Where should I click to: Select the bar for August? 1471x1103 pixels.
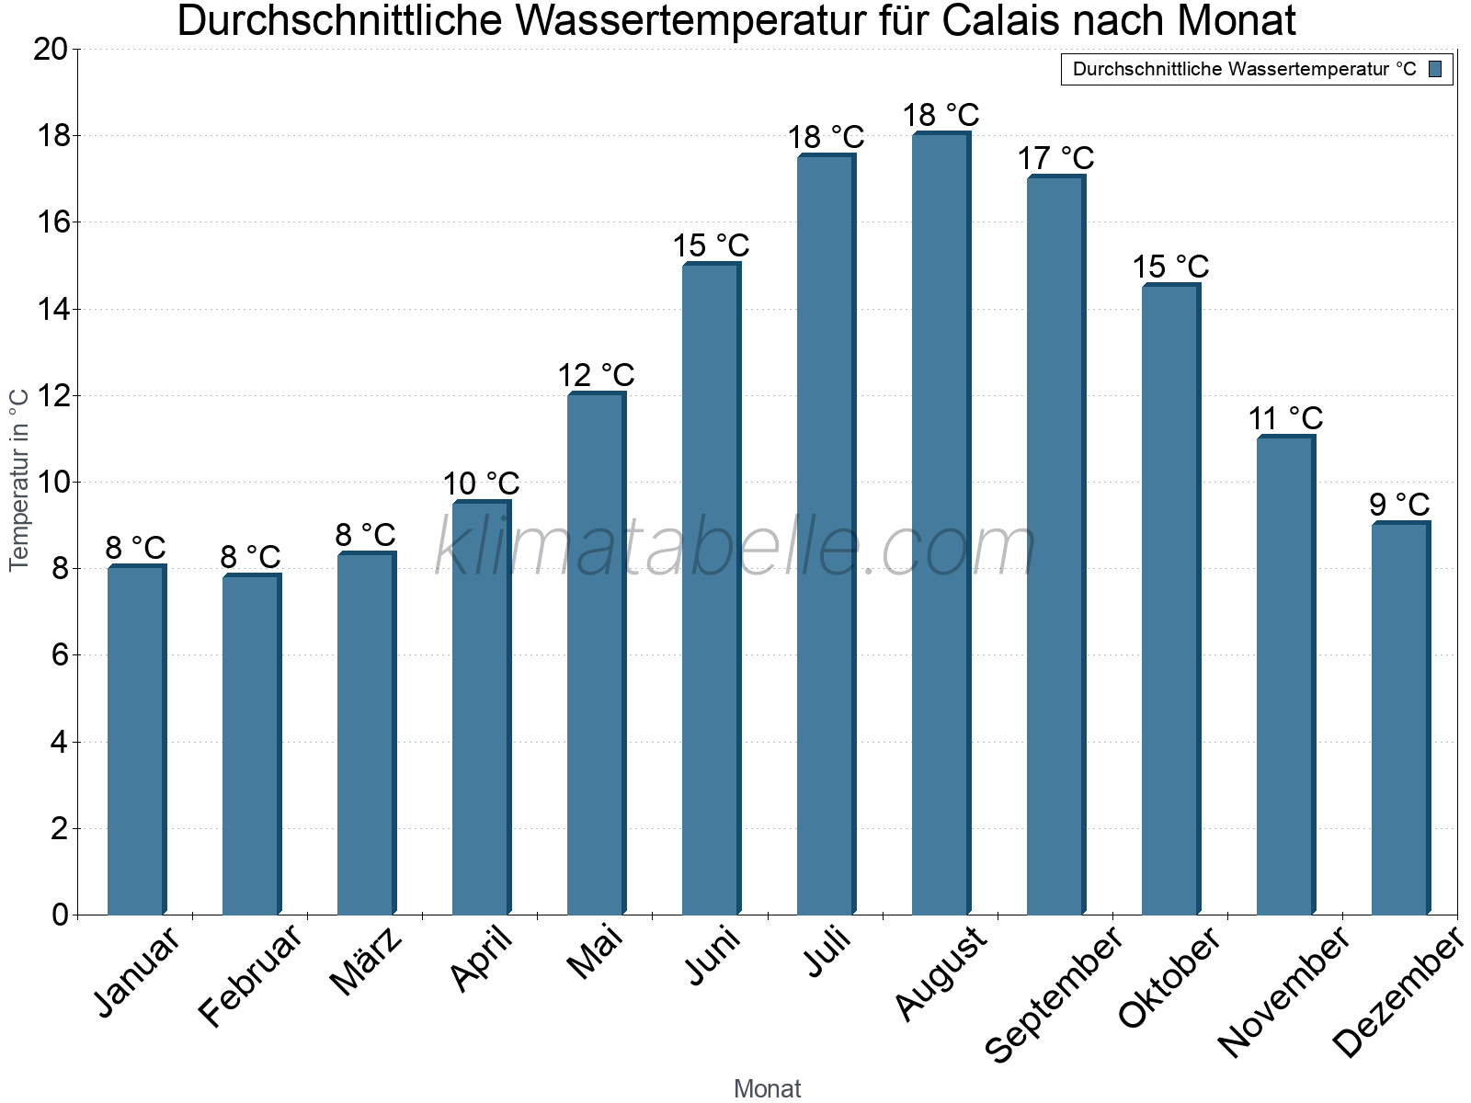click(x=940, y=524)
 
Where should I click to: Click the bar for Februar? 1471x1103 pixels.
click(x=250, y=745)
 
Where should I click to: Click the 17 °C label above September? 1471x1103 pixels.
click(x=1055, y=158)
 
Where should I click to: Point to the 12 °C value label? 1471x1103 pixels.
click(x=596, y=375)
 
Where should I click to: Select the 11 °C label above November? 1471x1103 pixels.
click(x=1285, y=418)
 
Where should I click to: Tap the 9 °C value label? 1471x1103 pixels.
click(x=1399, y=505)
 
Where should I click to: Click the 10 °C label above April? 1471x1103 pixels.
click(x=481, y=483)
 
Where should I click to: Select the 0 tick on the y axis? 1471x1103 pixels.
click(x=61, y=915)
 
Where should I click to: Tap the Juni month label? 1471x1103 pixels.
click(x=713, y=956)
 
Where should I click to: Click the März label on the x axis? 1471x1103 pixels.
click(x=367, y=961)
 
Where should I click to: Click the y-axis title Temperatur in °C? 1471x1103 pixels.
click(x=19, y=480)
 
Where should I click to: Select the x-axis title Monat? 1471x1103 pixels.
click(x=767, y=1088)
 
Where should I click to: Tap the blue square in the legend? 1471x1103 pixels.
click(x=1436, y=69)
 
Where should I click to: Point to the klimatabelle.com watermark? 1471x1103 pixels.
click(x=735, y=548)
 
